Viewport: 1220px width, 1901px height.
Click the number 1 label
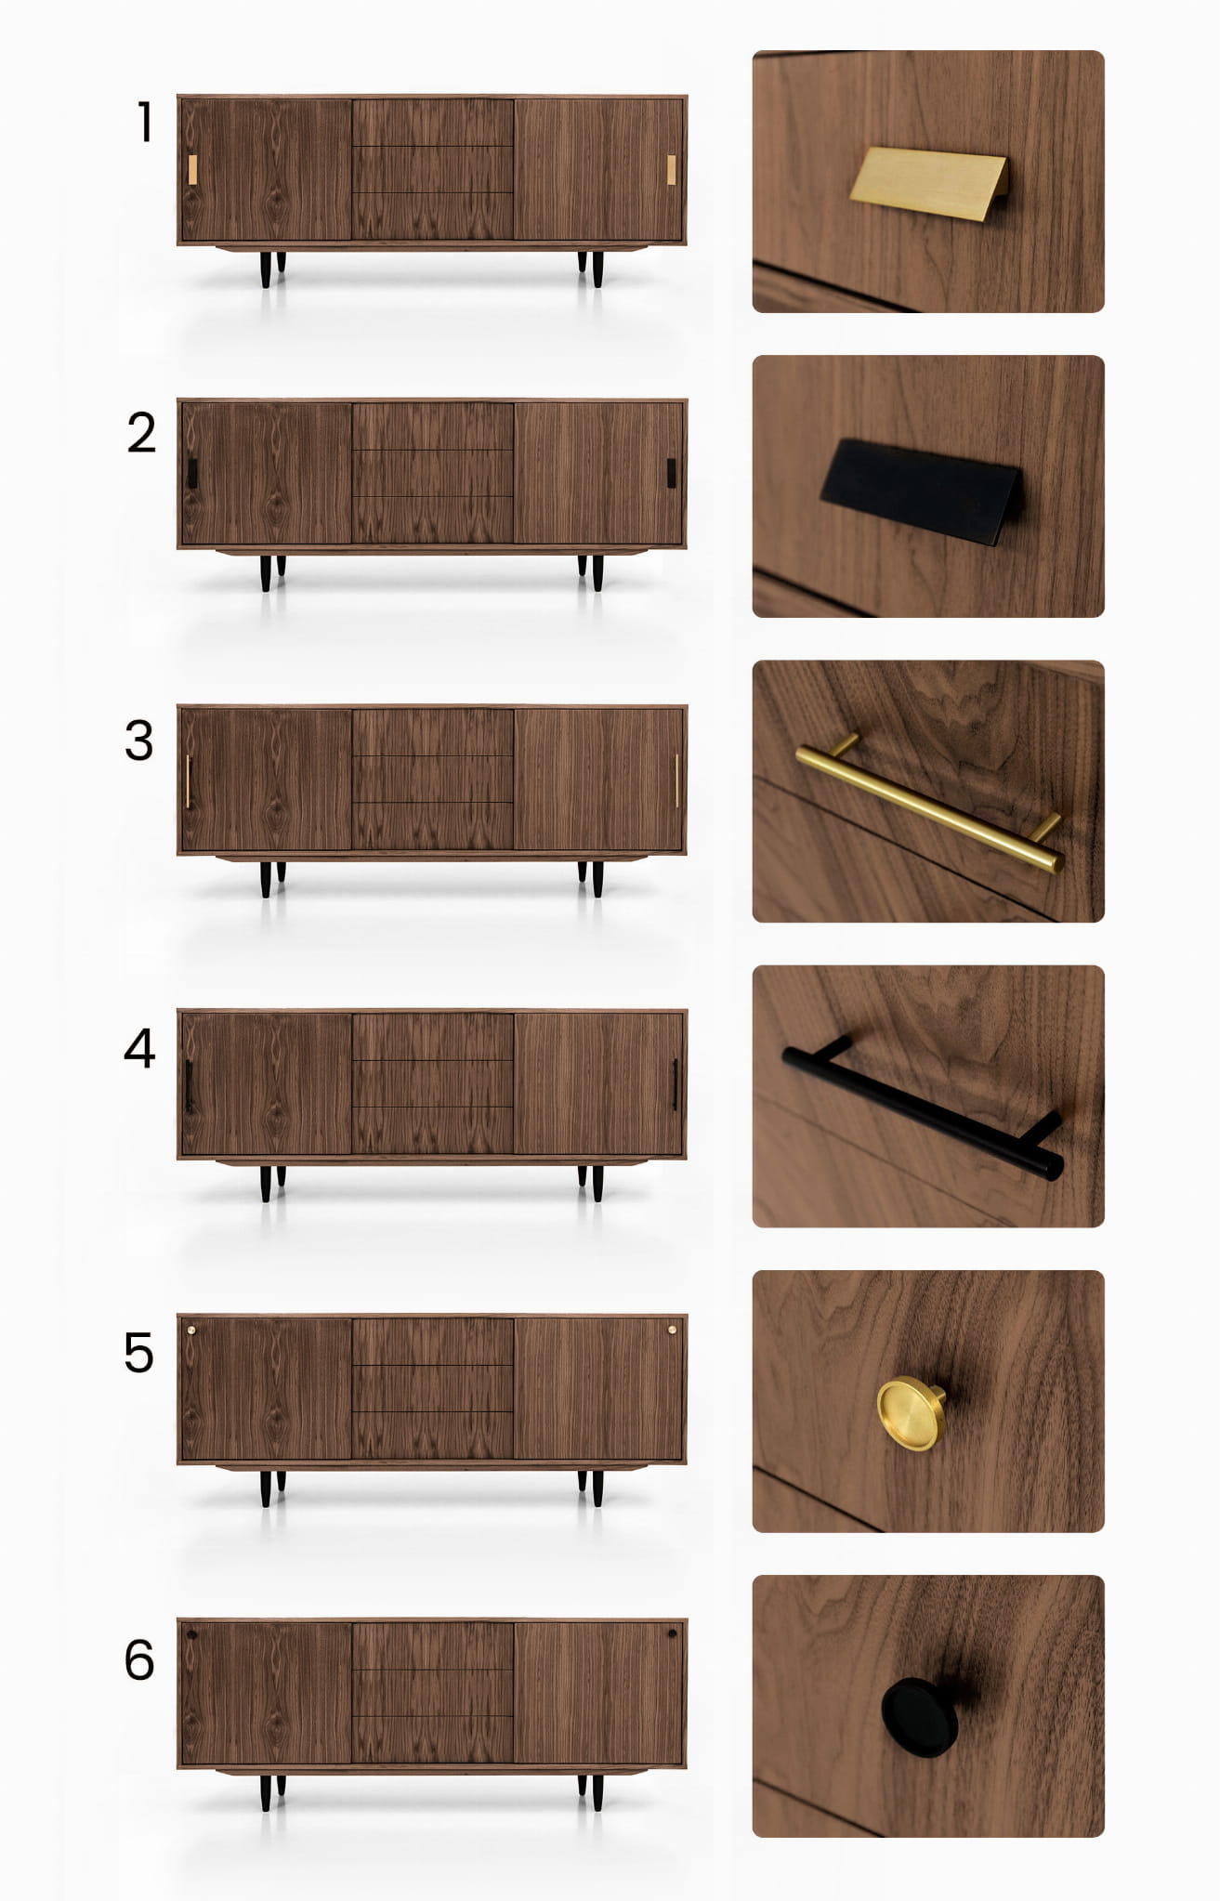click(145, 122)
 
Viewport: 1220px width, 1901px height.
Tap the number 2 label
click(141, 433)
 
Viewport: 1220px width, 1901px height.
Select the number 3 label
click(139, 741)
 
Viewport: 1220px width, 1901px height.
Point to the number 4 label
click(139, 1048)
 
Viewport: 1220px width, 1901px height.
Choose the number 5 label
click(138, 1353)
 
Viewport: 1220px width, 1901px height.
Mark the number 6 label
click(139, 1660)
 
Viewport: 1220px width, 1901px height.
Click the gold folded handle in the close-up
click(928, 183)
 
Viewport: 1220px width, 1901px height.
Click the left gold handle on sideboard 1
click(192, 170)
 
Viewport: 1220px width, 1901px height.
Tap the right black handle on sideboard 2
click(671, 473)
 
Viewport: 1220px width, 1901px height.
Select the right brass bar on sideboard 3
click(676, 780)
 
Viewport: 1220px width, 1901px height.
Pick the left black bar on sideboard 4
click(189, 1085)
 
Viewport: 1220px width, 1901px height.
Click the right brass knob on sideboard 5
click(672, 1330)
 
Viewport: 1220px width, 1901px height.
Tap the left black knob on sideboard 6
click(191, 1634)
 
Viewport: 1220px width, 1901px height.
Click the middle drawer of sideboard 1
click(433, 169)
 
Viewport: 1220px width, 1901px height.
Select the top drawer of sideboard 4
click(433, 1037)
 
